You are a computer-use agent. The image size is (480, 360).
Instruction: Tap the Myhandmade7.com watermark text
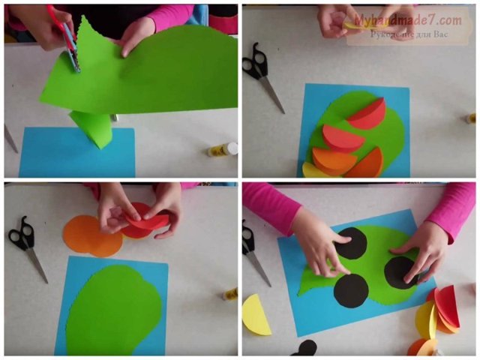(x=408, y=20)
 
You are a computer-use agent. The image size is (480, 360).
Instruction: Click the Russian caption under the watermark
(x=409, y=34)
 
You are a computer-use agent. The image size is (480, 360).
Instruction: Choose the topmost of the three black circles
(x=352, y=243)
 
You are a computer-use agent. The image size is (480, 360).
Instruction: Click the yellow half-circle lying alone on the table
(x=257, y=315)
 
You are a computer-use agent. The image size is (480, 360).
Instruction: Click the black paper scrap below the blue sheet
(x=305, y=348)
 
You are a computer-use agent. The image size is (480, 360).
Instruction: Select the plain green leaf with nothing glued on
(x=114, y=309)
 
